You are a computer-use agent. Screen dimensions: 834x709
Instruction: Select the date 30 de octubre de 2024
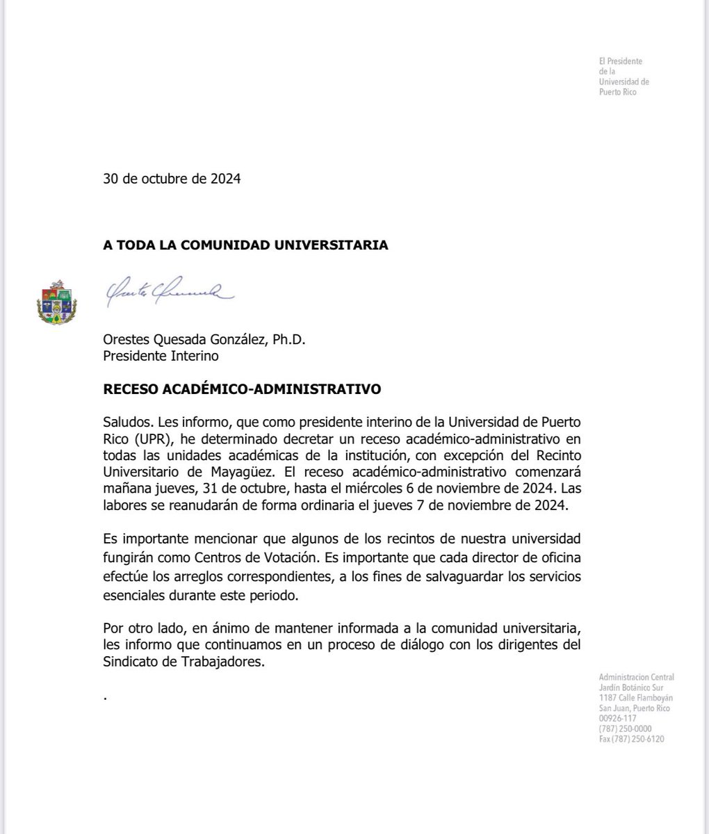coord(172,179)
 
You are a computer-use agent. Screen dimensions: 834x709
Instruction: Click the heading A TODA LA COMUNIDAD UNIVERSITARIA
coord(245,245)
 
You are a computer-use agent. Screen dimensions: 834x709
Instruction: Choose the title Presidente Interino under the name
coord(161,356)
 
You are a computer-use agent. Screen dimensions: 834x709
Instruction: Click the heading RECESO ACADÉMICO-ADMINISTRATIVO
coord(242,389)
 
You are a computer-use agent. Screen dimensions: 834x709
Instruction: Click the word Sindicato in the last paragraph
coord(129,662)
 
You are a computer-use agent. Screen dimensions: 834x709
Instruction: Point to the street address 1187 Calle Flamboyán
coord(635,698)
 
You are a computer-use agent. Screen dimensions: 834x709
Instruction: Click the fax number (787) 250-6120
coord(631,739)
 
